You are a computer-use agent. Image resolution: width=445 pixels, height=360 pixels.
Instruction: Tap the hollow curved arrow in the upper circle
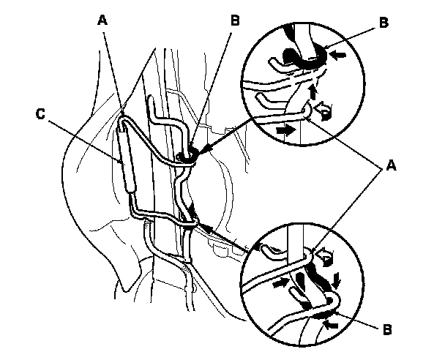323,111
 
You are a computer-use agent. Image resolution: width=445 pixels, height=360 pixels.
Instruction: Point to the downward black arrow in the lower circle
336,278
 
